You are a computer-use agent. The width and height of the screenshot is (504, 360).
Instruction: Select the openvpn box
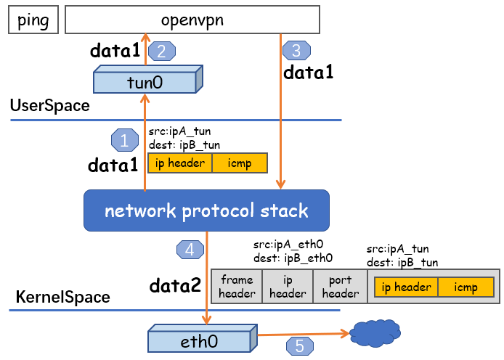[192, 20]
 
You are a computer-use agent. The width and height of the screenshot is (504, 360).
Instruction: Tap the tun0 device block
[145, 82]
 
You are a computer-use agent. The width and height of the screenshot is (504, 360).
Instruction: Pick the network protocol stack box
[206, 211]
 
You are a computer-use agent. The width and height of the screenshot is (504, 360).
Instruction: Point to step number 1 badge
[123, 139]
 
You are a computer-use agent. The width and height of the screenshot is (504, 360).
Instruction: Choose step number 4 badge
[190, 250]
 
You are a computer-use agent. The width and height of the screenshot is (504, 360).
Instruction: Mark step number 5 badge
[300, 346]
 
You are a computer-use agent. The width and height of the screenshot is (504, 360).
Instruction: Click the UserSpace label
[49, 106]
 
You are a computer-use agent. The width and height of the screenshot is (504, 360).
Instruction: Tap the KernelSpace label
[62, 297]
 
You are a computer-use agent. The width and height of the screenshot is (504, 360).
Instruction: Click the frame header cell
[237, 287]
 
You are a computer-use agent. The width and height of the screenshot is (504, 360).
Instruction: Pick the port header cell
[340, 287]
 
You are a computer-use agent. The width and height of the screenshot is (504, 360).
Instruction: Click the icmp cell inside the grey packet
[466, 287]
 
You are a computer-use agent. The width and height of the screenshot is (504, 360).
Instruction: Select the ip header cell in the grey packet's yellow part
[406, 287]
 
